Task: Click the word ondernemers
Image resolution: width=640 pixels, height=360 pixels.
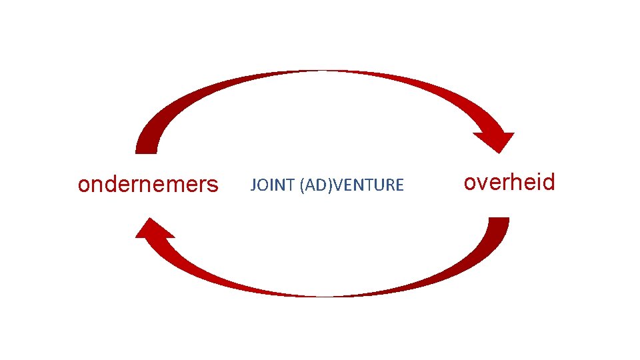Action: [x=147, y=184]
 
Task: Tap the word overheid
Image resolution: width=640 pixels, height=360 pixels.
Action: [x=509, y=182]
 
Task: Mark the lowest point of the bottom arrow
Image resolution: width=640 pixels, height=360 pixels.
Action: [x=320, y=295]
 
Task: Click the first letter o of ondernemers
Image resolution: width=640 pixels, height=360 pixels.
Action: [x=83, y=185]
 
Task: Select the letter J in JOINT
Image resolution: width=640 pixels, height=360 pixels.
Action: [x=253, y=185]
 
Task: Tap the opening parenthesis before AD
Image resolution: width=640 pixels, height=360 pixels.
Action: [x=303, y=185]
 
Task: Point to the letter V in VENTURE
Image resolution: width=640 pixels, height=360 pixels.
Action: [x=335, y=185]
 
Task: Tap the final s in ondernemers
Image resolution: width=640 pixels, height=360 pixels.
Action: [x=213, y=185]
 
